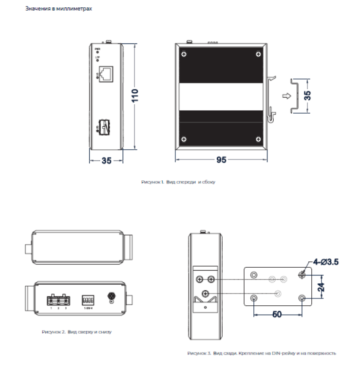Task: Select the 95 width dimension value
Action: coord(221,160)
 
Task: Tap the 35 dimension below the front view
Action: coord(106,160)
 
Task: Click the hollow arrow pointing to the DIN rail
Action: coord(288,96)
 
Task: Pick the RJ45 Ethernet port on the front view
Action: coord(107,74)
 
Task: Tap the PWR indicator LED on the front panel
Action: coord(97,52)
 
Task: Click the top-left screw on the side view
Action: coord(184,53)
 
